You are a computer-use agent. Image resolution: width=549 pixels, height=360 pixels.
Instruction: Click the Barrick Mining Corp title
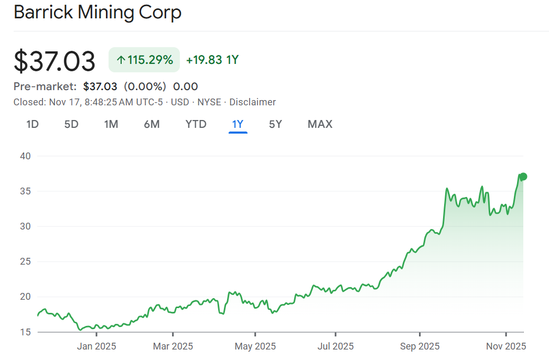click(x=98, y=13)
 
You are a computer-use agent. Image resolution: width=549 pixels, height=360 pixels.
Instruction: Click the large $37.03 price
click(x=55, y=61)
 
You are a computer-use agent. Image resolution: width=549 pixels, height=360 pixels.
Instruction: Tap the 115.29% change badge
click(x=144, y=60)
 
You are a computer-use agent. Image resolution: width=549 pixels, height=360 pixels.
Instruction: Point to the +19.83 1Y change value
click(x=212, y=60)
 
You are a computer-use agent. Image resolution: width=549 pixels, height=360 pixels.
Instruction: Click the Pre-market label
click(x=45, y=86)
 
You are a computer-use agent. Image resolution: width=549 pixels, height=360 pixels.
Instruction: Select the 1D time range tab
click(x=33, y=124)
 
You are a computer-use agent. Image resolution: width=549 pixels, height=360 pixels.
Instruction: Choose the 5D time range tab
click(x=71, y=124)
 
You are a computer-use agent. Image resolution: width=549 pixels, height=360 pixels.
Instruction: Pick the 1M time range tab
click(x=111, y=124)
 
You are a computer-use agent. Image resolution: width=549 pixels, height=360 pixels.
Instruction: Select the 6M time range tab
click(x=152, y=124)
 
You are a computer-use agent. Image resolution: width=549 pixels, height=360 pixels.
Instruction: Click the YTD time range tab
click(x=196, y=124)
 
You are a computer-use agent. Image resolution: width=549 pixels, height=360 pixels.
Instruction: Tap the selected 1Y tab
click(x=238, y=124)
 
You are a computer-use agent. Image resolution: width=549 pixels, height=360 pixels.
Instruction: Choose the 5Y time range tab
click(x=275, y=124)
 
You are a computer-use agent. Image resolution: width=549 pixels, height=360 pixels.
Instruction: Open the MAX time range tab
click(x=320, y=124)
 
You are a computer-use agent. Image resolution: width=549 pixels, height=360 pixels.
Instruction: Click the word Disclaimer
click(x=253, y=102)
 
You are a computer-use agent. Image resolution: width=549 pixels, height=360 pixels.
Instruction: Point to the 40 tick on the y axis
click(x=26, y=156)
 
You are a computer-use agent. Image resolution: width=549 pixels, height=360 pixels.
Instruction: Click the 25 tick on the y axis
click(x=26, y=261)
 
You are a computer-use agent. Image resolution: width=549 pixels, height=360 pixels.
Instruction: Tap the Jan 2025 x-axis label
click(x=97, y=346)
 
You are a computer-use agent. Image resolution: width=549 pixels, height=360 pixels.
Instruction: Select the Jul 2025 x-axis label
click(x=336, y=346)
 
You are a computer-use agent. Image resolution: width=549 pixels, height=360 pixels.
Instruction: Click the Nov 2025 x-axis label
click(x=506, y=346)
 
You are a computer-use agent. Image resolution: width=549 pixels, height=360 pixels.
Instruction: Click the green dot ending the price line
click(x=523, y=177)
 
